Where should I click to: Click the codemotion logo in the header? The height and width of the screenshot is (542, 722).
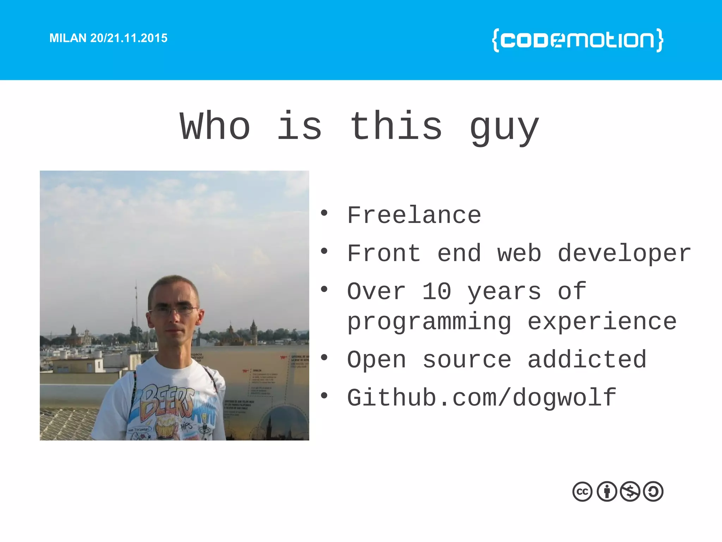pyautogui.click(x=577, y=40)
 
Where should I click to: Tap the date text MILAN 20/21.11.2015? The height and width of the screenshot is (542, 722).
pyautogui.click(x=108, y=38)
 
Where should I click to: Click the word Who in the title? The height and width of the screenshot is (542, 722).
pyautogui.click(x=215, y=126)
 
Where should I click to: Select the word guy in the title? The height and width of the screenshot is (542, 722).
pyautogui.click(x=504, y=128)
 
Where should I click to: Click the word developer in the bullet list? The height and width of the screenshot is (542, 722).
pyautogui.click(x=624, y=254)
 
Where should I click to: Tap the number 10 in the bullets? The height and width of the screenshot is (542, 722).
pyautogui.click(x=436, y=291)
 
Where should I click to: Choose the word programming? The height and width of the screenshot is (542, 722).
pyautogui.click(x=429, y=323)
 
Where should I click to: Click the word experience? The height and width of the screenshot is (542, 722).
pyautogui.click(x=602, y=323)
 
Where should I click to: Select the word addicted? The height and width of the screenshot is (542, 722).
pyautogui.click(x=587, y=360)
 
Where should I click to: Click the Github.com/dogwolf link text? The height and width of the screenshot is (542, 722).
pyautogui.click(x=482, y=398)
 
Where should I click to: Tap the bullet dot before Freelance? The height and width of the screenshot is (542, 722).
pyautogui.click(x=324, y=213)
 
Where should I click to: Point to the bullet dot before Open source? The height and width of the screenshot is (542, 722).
pyautogui.click(x=324, y=357)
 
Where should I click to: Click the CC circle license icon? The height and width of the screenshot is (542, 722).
pyautogui.click(x=582, y=492)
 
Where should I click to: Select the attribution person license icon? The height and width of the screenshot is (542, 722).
pyautogui.click(x=607, y=492)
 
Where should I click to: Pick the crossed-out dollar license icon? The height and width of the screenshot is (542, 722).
pyautogui.click(x=630, y=492)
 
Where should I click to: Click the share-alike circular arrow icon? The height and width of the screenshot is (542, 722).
pyautogui.click(x=653, y=492)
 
